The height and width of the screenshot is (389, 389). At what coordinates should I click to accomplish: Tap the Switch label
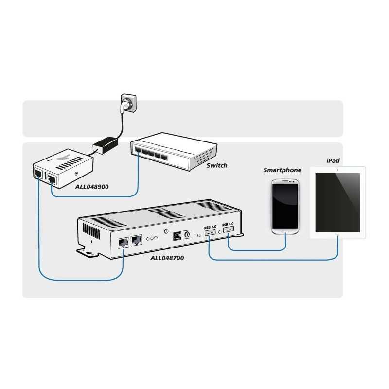click(216, 165)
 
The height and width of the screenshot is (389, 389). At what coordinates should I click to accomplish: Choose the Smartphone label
click(283, 170)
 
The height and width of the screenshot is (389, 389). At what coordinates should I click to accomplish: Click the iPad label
click(333, 160)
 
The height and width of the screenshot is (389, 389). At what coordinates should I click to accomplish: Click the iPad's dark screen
click(337, 202)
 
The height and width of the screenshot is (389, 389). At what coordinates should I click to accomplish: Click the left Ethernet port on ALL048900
click(37, 174)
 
